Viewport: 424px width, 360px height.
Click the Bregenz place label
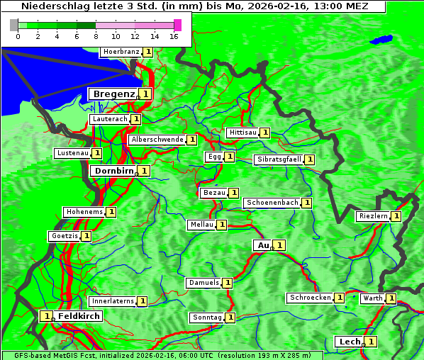pyautogui.click(x=113, y=94)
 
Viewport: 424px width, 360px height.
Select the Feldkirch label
pyautogui.click(x=79, y=315)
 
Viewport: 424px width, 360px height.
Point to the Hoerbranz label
pyautogui.click(x=121, y=52)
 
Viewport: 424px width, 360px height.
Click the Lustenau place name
pyautogui.click(x=72, y=153)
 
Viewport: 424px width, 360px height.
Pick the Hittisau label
pyautogui.click(x=243, y=133)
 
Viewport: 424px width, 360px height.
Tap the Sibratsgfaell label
pyautogui.click(x=279, y=159)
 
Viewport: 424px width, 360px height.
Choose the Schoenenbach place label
pyautogui.click(x=272, y=203)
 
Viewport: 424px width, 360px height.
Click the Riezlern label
pyautogui.click(x=373, y=216)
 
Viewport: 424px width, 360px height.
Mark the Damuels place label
pyautogui.click(x=203, y=283)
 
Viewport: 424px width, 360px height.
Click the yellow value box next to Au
pyautogui.click(x=280, y=245)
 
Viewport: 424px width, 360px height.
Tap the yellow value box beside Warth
pyautogui.click(x=391, y=298)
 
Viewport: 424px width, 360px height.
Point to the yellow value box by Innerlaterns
pyautogui.click(x=143, y=301)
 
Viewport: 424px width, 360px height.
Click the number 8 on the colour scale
pyautogui.click(x=96, y=36)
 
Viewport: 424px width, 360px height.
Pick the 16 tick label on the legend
pyautogui.click(x=174, y=36)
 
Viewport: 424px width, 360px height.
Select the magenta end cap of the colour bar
pyautogui.click(x=177, y=25)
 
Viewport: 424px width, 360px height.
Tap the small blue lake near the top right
pyautogui.click(x=384, y=39)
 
